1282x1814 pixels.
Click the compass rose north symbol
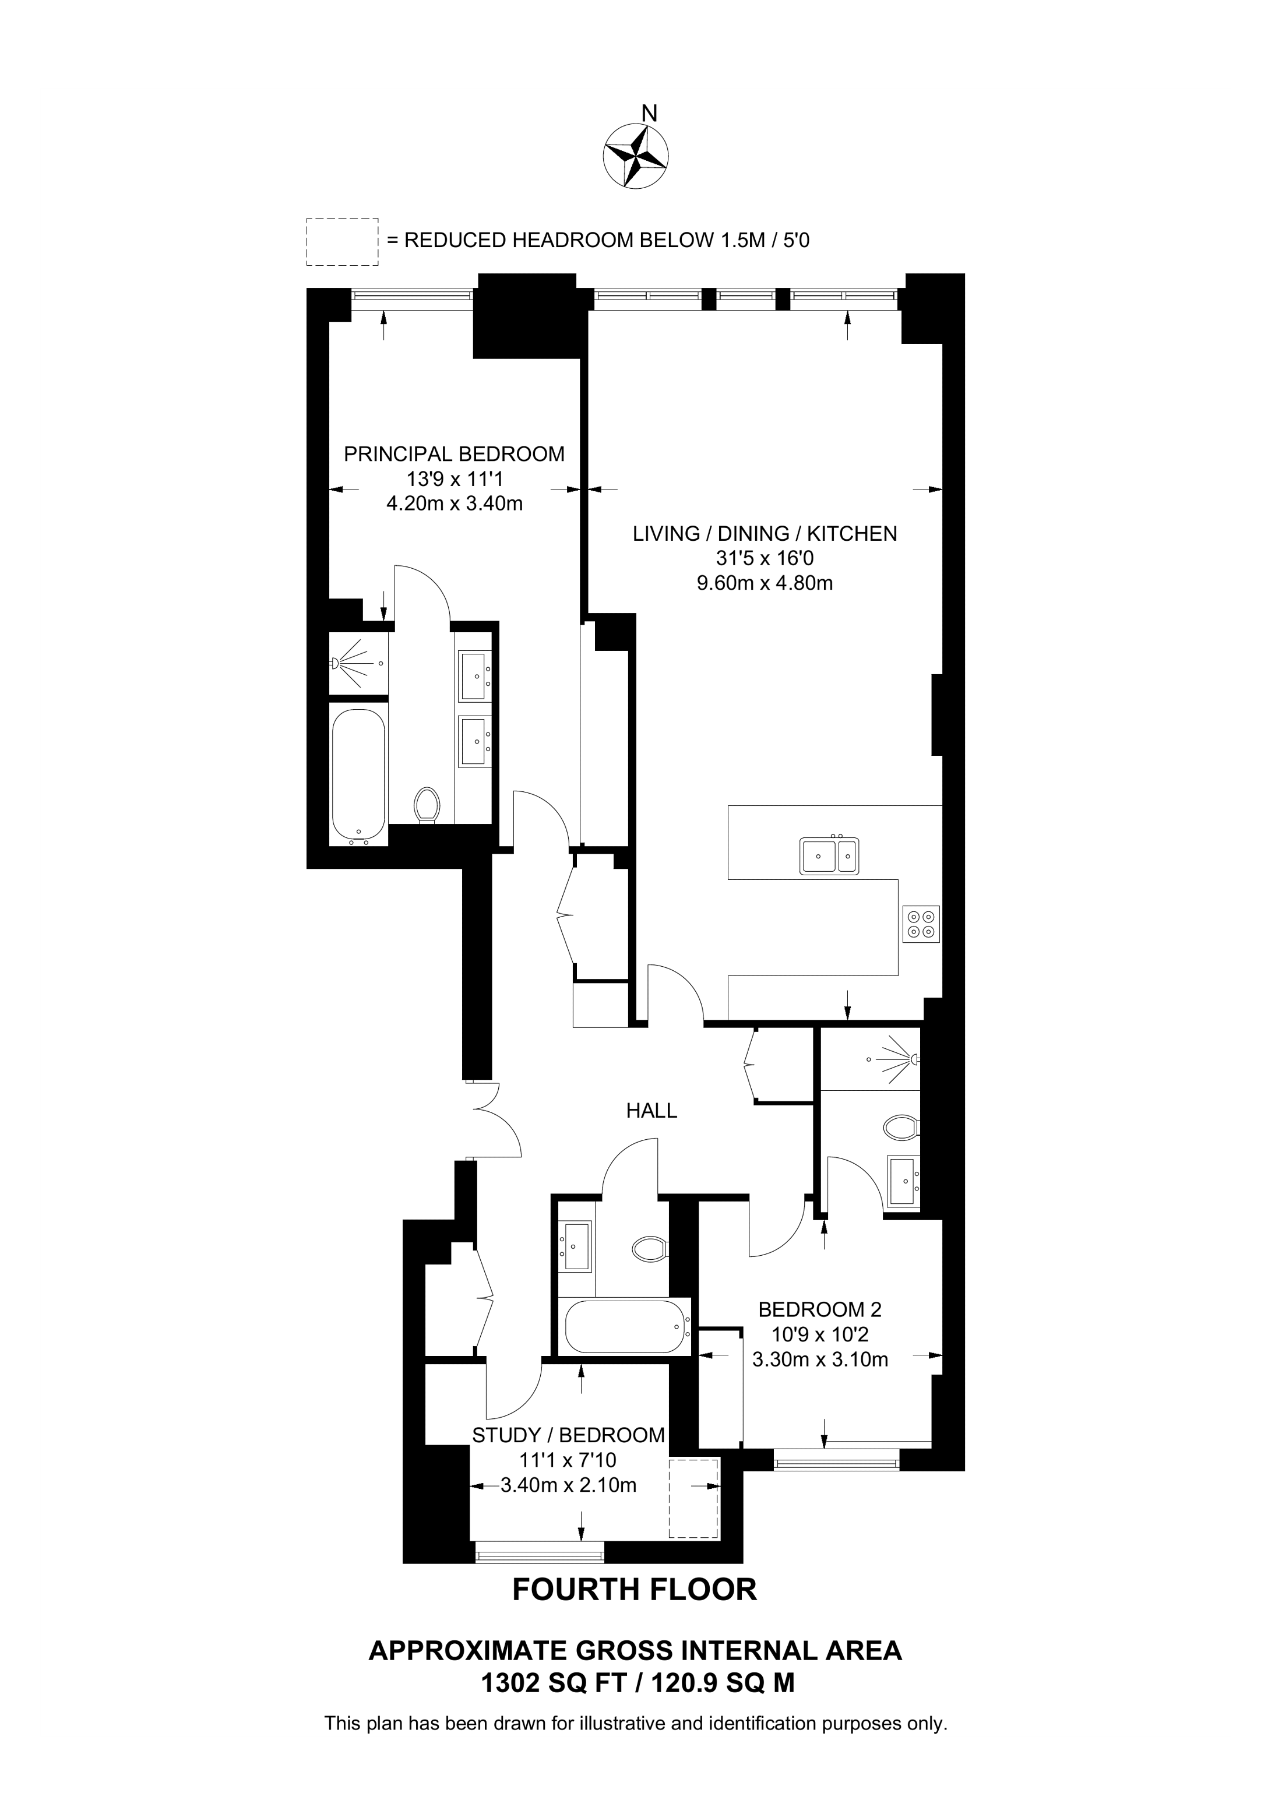pos(636,156)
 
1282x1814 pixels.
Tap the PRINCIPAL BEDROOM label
pos(454,455)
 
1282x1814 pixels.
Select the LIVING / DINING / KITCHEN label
pos(765,534)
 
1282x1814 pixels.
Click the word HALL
pos(651,1111)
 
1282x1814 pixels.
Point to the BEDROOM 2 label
pos(820,1309)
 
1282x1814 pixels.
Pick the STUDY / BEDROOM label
pos(569,1435)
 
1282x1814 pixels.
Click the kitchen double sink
pos(829,855)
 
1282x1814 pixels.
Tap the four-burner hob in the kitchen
pos(922,924)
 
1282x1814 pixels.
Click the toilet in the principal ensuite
pos(427,806)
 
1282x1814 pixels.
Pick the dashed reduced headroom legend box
pos(342,242)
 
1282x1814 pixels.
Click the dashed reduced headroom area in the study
pos(693,1498)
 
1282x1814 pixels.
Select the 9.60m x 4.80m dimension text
pos(764,584)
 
